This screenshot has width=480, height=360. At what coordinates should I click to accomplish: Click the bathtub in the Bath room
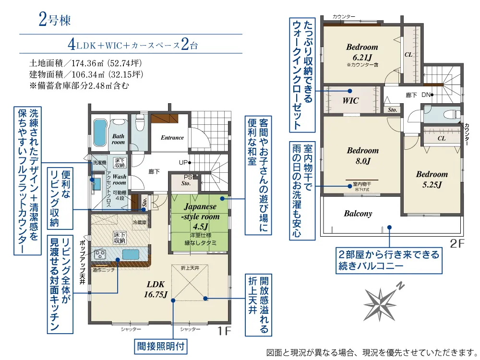[x=100, y=133]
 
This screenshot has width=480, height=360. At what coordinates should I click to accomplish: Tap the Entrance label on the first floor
[x=172, y=138]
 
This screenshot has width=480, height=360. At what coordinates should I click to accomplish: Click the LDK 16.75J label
[x=156, y=289]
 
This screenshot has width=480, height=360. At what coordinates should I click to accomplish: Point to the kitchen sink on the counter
[x=131, y=254]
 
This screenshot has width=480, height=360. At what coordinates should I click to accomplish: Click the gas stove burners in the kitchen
[x=100, y=254]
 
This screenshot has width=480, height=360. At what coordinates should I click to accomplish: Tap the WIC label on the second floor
[x=350, y=100]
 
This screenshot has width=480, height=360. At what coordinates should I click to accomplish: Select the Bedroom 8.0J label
[x=363, y=156]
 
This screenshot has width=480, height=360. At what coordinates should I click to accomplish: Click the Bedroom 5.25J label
[x=432, y=180]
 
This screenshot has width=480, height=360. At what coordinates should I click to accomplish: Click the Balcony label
[x=358, y=214]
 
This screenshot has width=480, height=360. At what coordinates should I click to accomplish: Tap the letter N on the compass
[x=400, y=286]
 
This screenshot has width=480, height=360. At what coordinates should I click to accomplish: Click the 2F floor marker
[x=457, y=243]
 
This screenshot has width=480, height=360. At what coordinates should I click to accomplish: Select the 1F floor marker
[x=224, y=331]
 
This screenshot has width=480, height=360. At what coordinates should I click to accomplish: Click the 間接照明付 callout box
[x=161, y=346]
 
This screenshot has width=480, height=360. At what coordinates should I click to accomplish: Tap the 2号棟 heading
[x=55, y=20]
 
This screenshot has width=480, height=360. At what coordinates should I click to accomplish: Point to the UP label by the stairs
[x=183, y=163]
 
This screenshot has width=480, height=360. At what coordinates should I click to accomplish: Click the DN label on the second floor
[x=426, y=95]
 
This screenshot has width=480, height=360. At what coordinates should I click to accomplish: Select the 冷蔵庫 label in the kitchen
[x=140, y=223]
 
